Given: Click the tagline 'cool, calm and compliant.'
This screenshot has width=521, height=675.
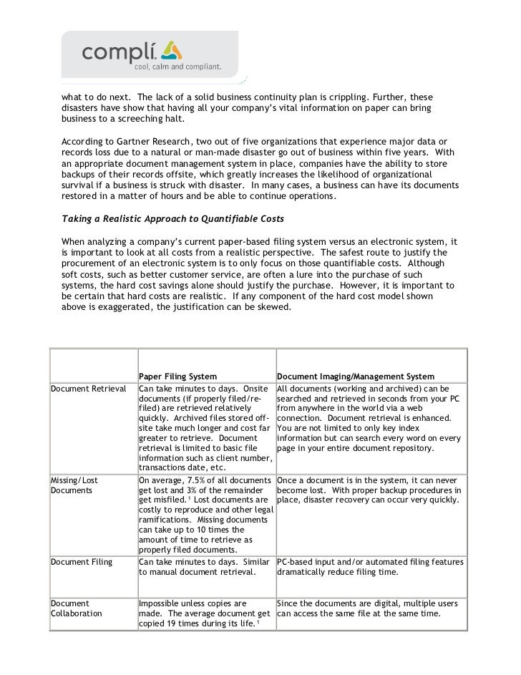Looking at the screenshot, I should pos(175,67).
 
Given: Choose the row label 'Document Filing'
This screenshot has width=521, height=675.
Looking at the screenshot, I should pos(82,562).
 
